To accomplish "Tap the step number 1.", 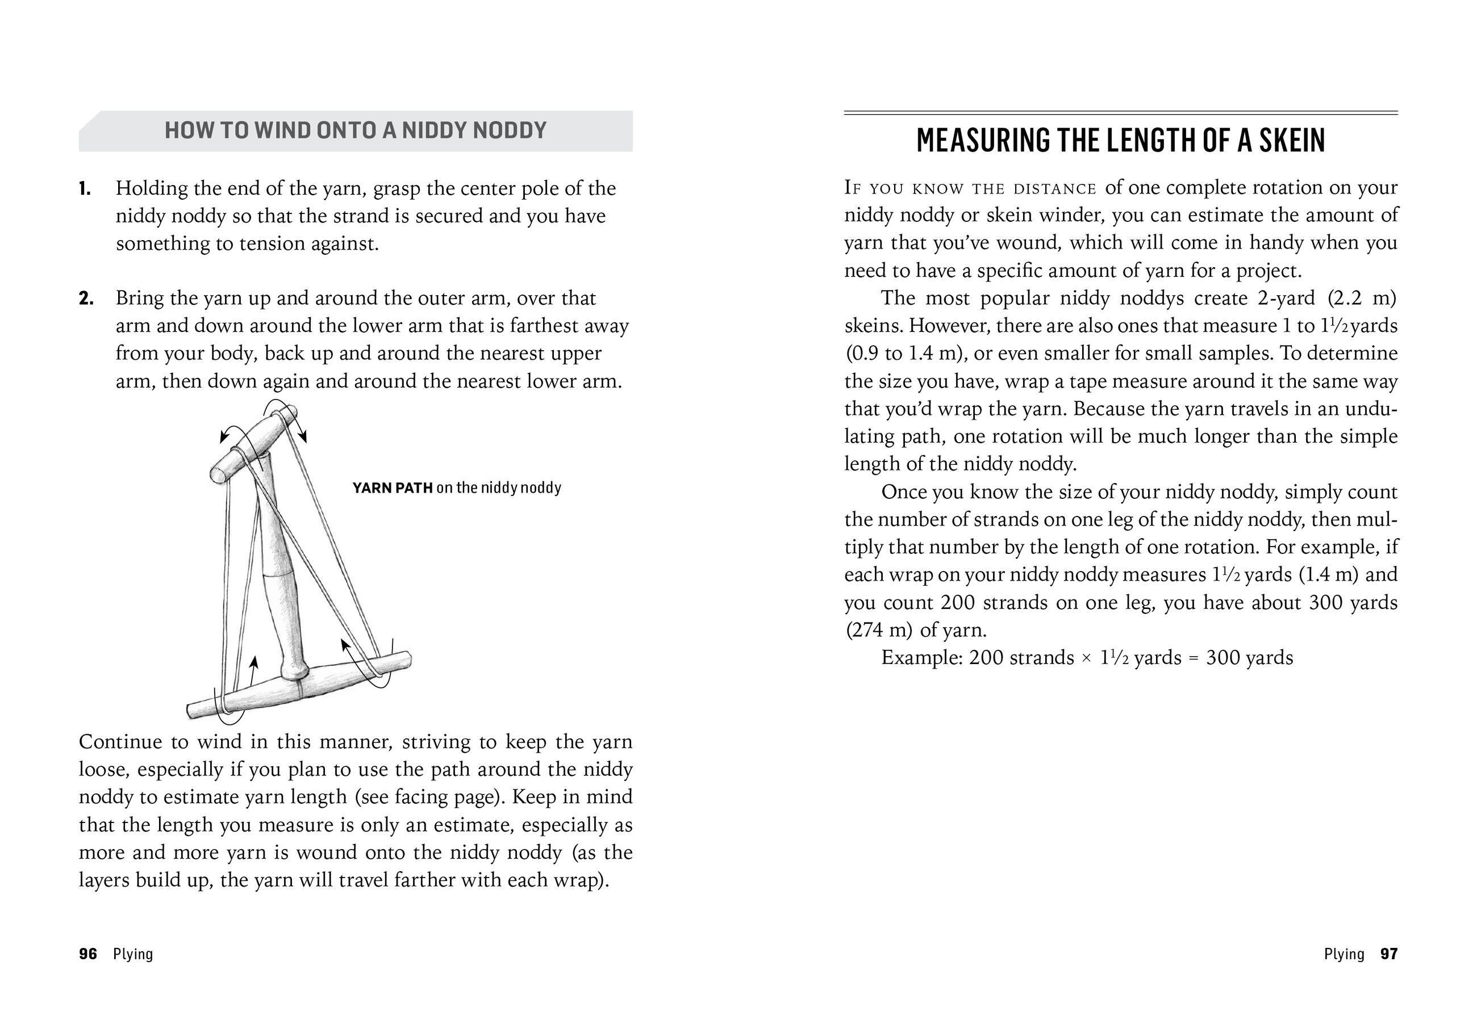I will tap(84, 189).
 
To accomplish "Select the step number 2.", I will tap(86, 299).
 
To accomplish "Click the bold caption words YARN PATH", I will tap(393, 488).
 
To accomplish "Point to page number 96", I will tap(88, 954).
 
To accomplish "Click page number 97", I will tap(1389, 954).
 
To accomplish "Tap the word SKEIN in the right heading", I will tap(1291, 141).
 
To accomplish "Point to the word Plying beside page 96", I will tap(133, 954).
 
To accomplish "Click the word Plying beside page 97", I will tap(1344, 954).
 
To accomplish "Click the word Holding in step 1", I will tap(151, 188).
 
